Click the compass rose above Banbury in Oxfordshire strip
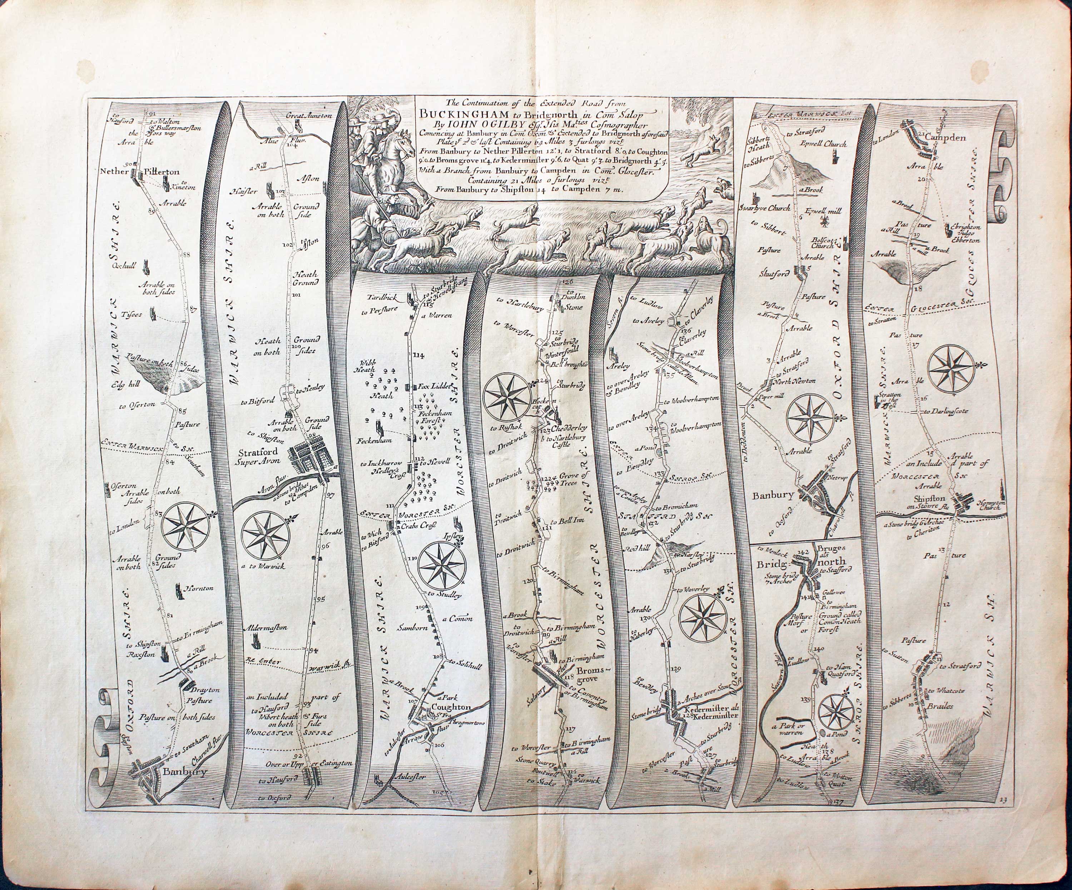[810, 419]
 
